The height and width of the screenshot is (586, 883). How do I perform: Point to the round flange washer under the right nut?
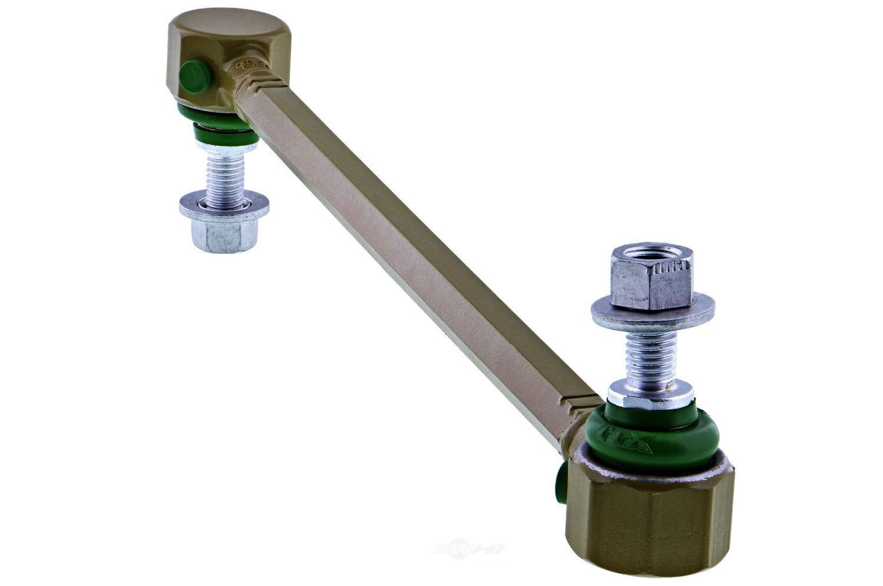pyautogui.click(x=653, y=311)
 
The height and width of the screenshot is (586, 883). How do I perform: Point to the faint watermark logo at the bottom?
pyautogui.click(x=467, y=549)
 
